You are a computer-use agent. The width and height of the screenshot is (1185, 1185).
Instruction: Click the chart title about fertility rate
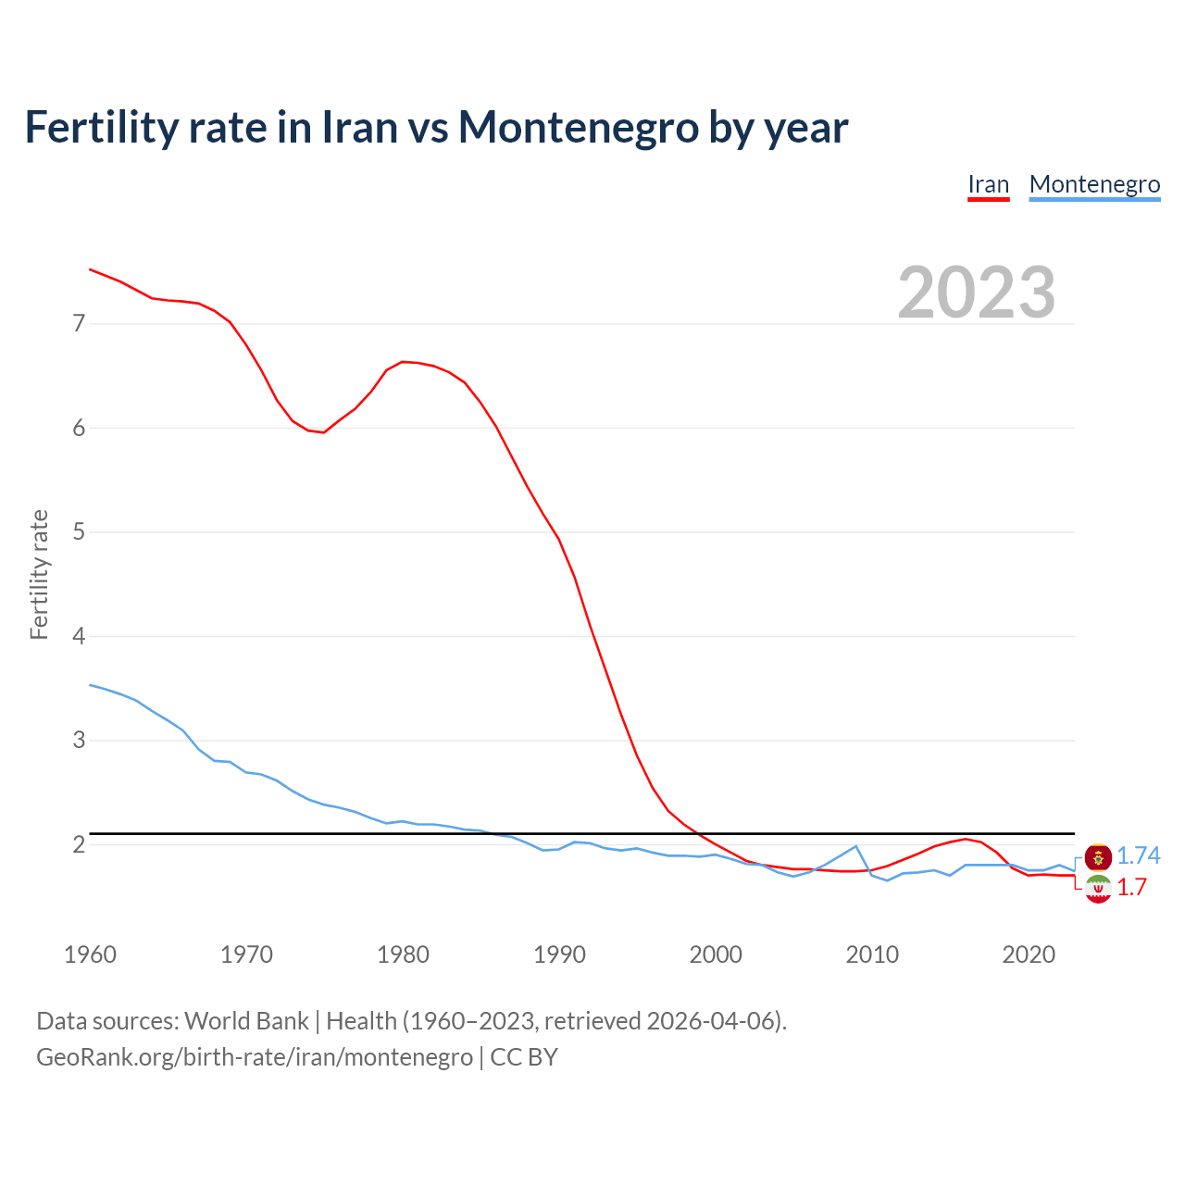[436, 128]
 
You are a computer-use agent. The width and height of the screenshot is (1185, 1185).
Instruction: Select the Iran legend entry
[988, 184]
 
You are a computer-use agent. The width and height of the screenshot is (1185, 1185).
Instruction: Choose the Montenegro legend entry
[1094, 184]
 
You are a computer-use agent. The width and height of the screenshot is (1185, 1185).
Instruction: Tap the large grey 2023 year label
[976, 293]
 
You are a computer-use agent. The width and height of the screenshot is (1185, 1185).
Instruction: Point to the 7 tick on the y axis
[79, 324]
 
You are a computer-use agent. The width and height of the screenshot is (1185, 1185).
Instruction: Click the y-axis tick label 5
[79, 532]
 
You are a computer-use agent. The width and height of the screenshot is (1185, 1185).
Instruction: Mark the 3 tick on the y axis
[79, 741]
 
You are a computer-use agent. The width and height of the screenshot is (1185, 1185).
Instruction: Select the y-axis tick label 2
[79, 844]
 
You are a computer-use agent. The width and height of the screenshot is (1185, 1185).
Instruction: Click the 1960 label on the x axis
[90, 954]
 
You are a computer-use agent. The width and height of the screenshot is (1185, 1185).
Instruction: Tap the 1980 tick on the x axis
[403, 954]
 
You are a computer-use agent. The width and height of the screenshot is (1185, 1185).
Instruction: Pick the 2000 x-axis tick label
[716, 954]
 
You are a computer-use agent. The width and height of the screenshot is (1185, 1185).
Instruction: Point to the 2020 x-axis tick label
[1029, 954]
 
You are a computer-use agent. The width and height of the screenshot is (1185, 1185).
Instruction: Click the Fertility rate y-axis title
[39, 574]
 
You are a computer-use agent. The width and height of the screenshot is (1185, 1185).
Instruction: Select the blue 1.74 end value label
[1138, 856]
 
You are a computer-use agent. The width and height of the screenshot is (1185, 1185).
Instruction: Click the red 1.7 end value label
[1131, 888]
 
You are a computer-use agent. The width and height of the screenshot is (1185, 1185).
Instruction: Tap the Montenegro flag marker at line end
[1098, 857]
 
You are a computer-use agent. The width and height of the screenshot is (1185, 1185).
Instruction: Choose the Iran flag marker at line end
[1098, 889]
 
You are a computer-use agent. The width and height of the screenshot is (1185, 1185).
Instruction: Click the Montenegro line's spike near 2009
[856, 846]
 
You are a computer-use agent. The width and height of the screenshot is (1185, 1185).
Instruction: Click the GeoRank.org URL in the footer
[255, 1057]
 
